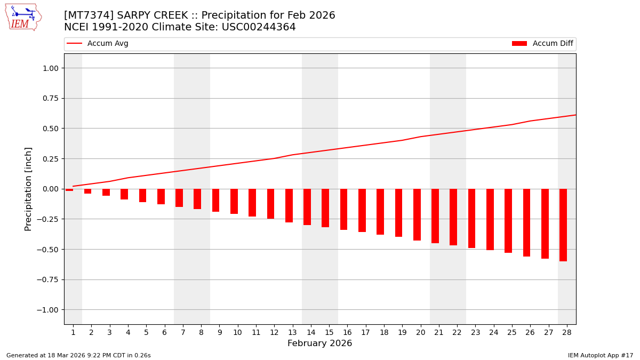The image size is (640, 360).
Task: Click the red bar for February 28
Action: [x=563, y=225]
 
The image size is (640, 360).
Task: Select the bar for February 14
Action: [x=307, y=207]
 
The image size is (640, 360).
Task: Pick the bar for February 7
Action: [x=179, y=198]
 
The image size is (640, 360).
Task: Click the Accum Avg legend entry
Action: [x=98, y=44]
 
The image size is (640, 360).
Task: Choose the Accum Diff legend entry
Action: [x=542, y=44]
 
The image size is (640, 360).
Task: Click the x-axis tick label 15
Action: [x=329, y=332]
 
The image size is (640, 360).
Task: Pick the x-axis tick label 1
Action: [x=73, y=332]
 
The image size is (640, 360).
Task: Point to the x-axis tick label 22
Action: [x=457, y=332]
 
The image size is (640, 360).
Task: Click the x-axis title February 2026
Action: [x=319, y=343]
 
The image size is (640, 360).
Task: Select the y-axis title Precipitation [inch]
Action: [x=29, y=189]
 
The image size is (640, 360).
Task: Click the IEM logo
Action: [x=23, y=17]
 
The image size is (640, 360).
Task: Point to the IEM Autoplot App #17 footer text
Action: [x=600, y=355]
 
